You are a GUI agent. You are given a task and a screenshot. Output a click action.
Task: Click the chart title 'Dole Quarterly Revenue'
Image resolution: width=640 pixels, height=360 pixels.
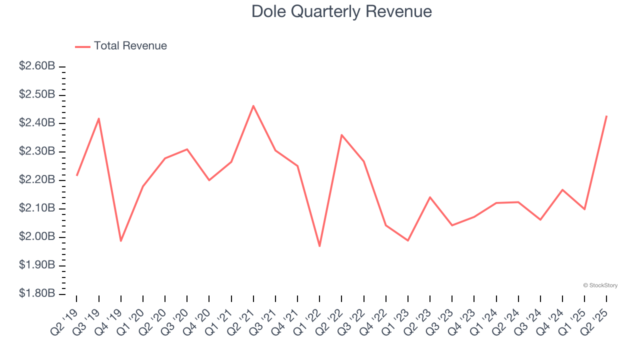coord(341,11)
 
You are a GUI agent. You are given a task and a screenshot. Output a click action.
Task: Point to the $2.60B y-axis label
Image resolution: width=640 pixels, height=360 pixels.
coord(37,66)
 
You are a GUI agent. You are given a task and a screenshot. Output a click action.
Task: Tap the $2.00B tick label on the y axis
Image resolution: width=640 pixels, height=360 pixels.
coord(37,236)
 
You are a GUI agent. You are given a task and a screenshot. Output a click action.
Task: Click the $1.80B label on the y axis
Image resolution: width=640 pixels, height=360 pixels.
coord(37,293)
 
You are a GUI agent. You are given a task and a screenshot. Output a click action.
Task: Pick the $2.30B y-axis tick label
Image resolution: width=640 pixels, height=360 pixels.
coord(37,151)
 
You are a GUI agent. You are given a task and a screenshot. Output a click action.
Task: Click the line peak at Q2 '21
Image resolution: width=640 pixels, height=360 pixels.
coord(253,106)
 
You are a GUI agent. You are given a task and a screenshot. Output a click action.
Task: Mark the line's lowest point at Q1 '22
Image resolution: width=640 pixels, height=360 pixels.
coord(319,246)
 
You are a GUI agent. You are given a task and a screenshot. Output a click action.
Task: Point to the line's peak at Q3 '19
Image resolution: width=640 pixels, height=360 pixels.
coord(99,118)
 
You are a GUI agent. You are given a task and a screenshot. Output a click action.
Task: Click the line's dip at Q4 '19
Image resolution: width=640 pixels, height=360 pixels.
coord(121,241)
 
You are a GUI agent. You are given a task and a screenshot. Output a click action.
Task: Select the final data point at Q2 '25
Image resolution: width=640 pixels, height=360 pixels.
coord(606,116)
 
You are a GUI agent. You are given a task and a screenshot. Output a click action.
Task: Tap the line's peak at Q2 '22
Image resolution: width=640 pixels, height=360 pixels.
coord(341,135)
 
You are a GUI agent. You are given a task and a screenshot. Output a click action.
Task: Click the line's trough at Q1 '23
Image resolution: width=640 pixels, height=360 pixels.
coord(408,240)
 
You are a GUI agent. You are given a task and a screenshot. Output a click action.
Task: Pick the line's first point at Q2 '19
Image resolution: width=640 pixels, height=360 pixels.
coord(77,175)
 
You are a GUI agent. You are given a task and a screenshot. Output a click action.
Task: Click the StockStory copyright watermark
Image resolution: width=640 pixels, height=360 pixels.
coord(600,285)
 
